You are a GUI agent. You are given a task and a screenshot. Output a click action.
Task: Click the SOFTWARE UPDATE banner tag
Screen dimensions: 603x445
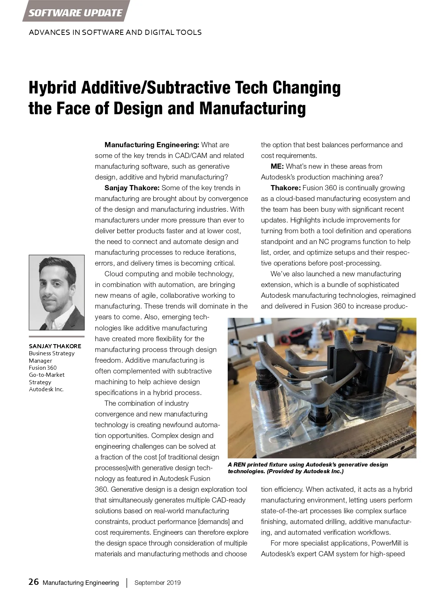[75, 13]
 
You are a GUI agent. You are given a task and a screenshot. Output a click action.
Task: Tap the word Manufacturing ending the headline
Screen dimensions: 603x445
[253, 108]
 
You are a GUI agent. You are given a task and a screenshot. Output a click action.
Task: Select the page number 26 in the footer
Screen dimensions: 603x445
[33, 582]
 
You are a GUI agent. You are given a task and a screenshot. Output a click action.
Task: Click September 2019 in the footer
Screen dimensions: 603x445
[158, 583]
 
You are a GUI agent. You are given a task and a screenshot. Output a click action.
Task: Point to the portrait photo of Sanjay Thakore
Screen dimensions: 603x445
[57, 293]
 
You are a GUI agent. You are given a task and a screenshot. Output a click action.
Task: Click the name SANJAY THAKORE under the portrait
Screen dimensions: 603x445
[55, 346]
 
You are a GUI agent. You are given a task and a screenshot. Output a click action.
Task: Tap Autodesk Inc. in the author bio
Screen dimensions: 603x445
[46, 389]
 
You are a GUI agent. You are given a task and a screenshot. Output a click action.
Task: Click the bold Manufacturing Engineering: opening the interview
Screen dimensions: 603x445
[152, 145]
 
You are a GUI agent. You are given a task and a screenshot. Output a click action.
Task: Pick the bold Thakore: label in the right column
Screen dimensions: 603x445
[286, 188]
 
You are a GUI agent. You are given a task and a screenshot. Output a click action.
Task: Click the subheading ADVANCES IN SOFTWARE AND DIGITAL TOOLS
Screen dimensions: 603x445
[115, 32]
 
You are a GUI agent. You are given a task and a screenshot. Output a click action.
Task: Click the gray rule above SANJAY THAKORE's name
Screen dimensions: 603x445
[57, 336]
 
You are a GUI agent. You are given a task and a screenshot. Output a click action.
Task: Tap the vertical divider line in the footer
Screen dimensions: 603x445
[127, 583]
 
